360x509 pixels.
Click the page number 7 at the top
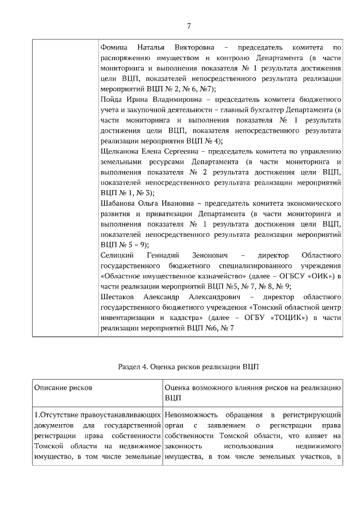[188, 25]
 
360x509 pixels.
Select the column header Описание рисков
[63, 388]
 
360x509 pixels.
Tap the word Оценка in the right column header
[179, 388]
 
